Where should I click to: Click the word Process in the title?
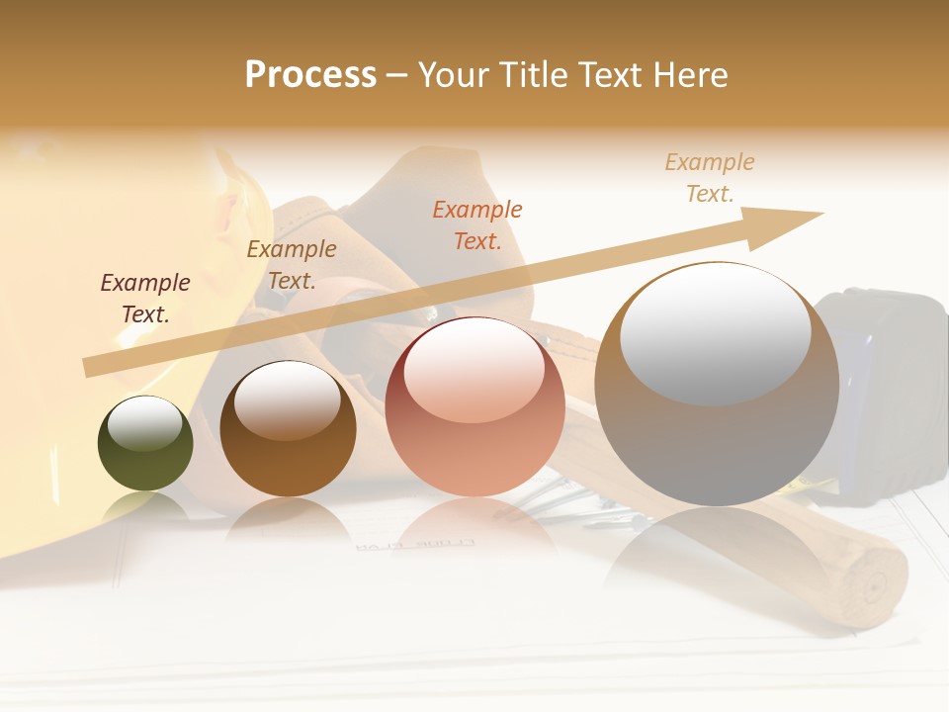[310, 75]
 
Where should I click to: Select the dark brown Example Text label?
[145, 299]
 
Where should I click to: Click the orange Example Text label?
[477, 224]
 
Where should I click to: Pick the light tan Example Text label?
[710, 178]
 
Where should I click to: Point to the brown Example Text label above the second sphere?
[292, 265]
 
